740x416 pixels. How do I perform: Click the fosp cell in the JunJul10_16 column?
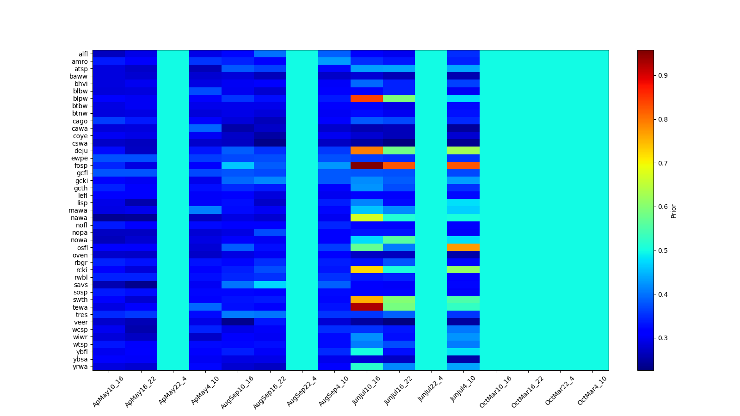(366, 165)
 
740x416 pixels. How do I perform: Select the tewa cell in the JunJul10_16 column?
(366, 307)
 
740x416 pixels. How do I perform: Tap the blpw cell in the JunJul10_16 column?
(366, 98)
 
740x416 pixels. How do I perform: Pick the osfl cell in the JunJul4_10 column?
(463, 247)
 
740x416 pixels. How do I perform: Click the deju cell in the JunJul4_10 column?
(463, 151)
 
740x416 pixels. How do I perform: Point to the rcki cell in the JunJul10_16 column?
(366, 269)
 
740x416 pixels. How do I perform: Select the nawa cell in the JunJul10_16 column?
(366, 218)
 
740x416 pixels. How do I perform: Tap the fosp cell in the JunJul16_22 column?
(399, 165)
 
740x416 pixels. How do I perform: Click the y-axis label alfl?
(83, 54)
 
